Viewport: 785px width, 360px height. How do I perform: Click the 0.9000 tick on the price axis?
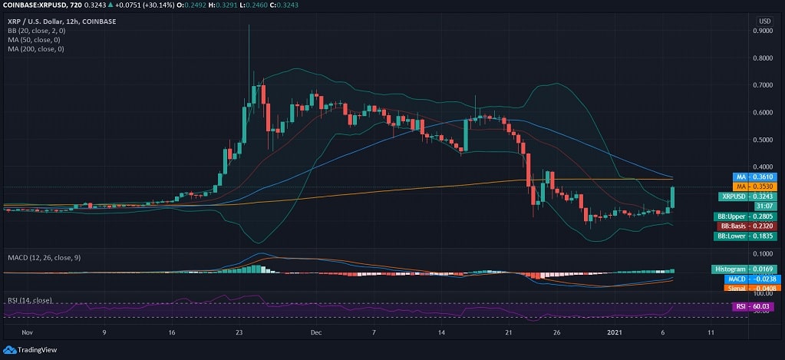763,31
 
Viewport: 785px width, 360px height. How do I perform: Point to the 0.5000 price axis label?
763,140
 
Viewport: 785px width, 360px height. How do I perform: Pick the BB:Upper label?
739,216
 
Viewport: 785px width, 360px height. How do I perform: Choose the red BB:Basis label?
739,226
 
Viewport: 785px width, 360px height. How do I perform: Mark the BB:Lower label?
739,236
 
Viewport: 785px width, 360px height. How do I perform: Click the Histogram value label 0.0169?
738,269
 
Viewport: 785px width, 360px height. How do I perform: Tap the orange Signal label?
738,289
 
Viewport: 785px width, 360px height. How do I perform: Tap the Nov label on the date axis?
28,333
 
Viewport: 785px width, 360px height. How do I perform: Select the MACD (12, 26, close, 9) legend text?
42,257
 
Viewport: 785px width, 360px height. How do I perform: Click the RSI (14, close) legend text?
29,300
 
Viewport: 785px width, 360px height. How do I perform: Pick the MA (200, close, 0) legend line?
36,49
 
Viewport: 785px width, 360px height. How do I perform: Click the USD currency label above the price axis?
764,21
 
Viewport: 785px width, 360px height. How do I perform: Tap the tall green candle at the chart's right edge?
672,197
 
